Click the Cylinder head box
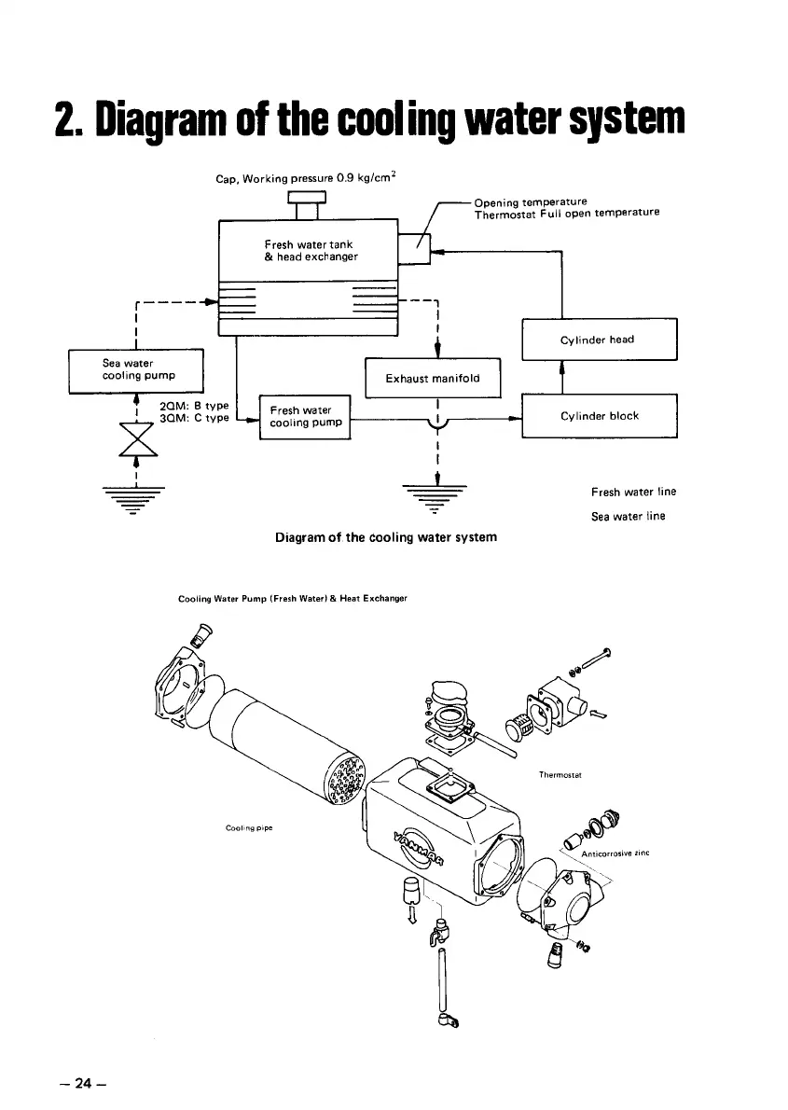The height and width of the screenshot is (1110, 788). tap(600, 340)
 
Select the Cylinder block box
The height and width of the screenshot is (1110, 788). tap(600, 416)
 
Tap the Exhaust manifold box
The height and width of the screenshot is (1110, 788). tap(433, 378)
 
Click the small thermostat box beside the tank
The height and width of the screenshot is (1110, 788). tap(414, 249)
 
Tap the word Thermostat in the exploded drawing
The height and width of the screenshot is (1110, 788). tap(560, 774)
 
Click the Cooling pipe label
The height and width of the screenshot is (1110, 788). tap(247, 826)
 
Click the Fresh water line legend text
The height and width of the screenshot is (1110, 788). tap(633, 492)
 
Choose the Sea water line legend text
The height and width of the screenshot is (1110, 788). tap(628, 517)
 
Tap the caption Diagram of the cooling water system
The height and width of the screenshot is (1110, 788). tap(386, 537)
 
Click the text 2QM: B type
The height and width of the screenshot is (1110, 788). tap(194, 407)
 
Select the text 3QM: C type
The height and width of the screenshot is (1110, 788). tap(194, 420)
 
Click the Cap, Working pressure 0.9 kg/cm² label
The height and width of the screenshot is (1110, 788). tap(308, 177)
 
